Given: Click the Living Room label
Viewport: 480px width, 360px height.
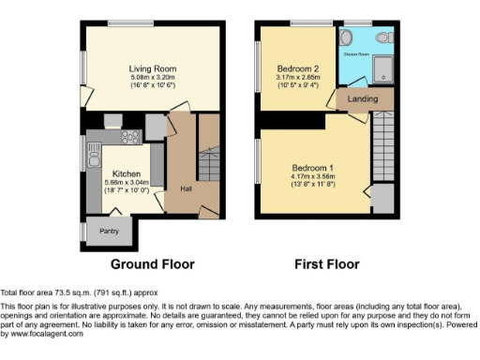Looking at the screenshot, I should point(152,68).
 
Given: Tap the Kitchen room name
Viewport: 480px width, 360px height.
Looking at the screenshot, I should point(126,174).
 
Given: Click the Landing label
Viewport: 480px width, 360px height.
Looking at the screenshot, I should point(362,98).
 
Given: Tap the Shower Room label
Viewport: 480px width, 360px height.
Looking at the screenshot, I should point(357,53).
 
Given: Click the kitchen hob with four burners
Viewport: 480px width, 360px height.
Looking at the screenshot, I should point(129,137).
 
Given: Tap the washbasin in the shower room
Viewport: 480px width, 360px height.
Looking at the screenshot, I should point(349,37).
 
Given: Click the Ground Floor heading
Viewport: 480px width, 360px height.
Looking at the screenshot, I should point(153,264).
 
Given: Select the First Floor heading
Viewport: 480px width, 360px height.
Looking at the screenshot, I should point(327,264).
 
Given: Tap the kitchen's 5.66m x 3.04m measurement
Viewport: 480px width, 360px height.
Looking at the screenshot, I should point(126,183).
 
